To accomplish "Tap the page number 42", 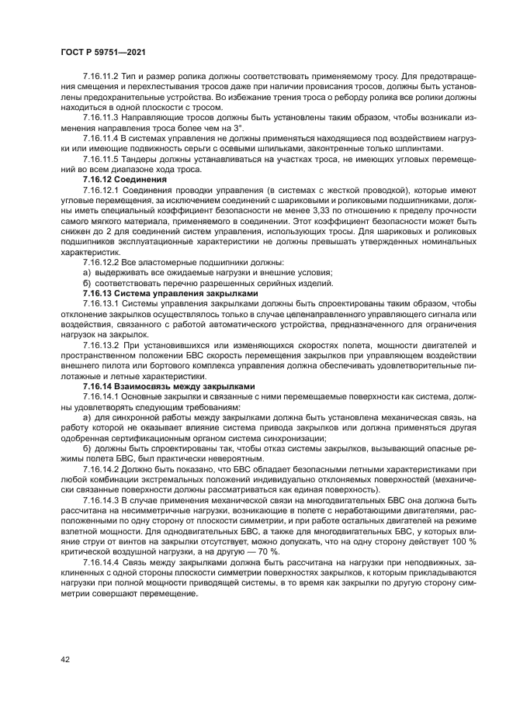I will [64, 658].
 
